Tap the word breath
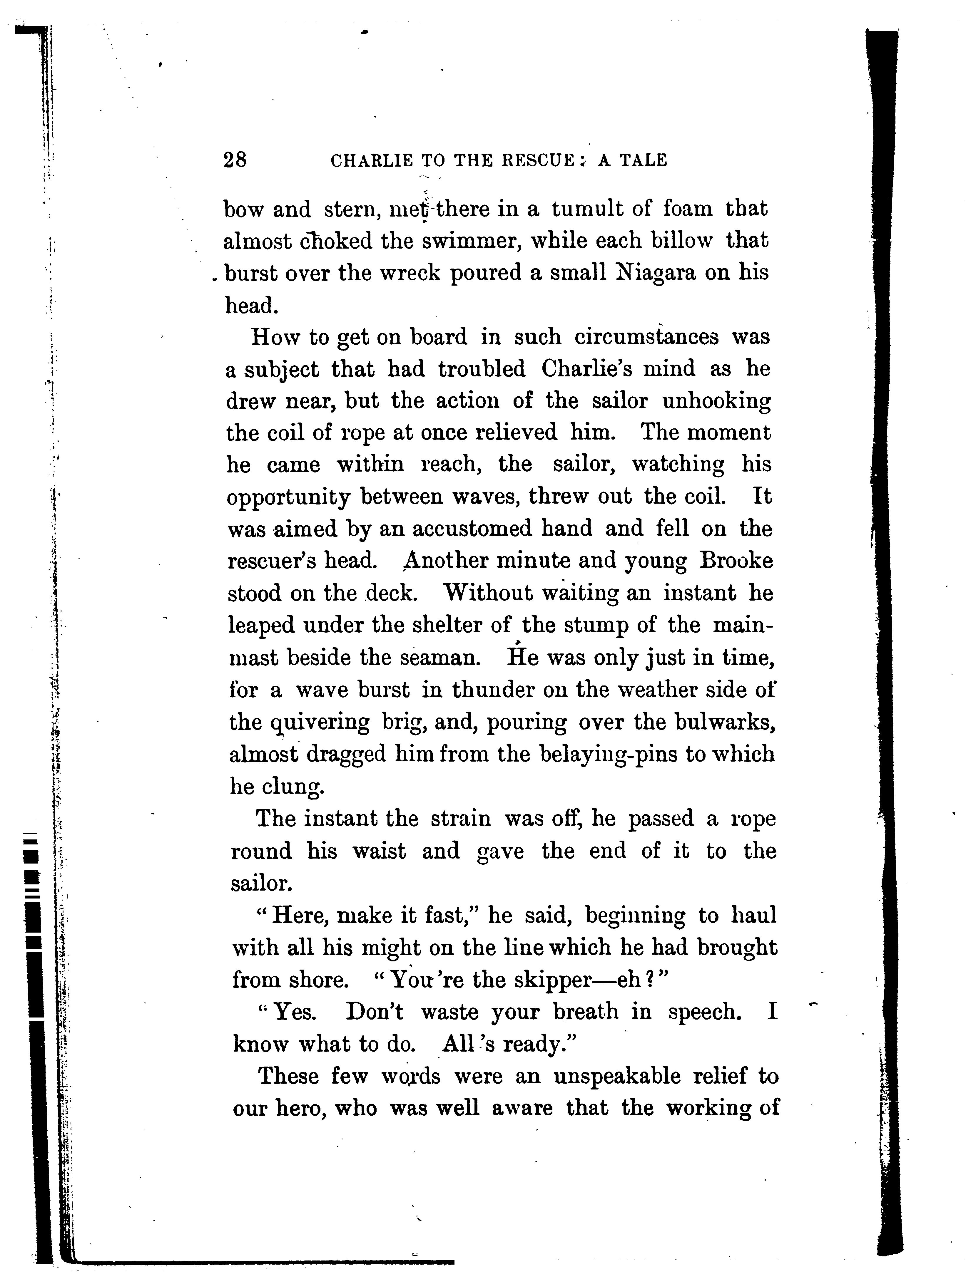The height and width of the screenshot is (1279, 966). (585, 1012)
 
